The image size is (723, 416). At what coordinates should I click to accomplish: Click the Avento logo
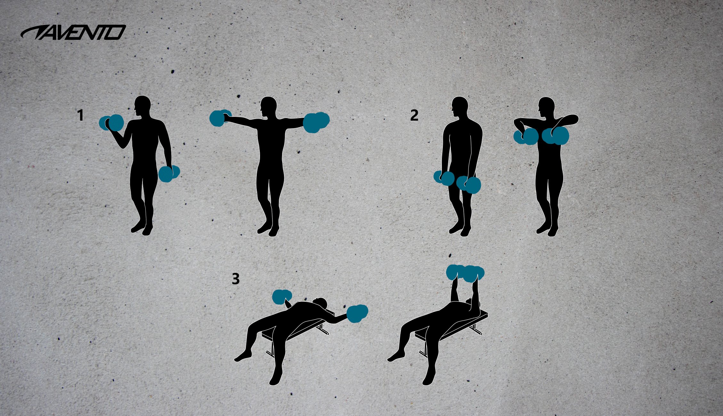tap(73, 33)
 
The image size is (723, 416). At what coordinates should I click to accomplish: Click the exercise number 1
tap(80, 116)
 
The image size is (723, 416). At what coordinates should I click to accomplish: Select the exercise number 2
tap(414, 116)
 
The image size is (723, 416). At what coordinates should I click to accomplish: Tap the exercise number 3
tap(235, 279)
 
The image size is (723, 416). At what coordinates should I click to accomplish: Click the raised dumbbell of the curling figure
tap(112, 123)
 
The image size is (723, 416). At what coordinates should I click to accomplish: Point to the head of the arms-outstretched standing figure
tap(268, 107)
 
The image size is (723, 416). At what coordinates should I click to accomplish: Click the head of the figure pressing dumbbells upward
tap(469, 302)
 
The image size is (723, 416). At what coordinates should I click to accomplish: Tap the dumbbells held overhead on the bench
tap(465, 273)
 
